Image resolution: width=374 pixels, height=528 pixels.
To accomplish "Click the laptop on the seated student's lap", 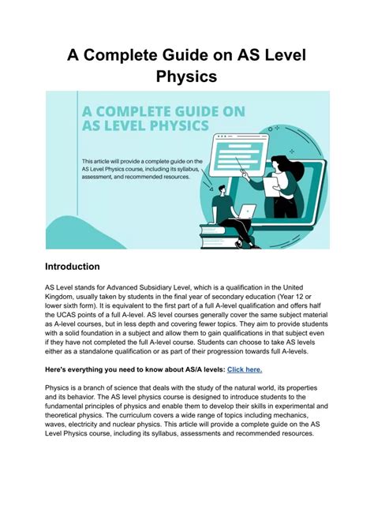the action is coord(247,212).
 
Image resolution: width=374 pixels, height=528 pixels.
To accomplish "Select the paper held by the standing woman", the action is coord(271,187).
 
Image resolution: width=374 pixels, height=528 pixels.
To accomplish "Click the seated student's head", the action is coord(222,190).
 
